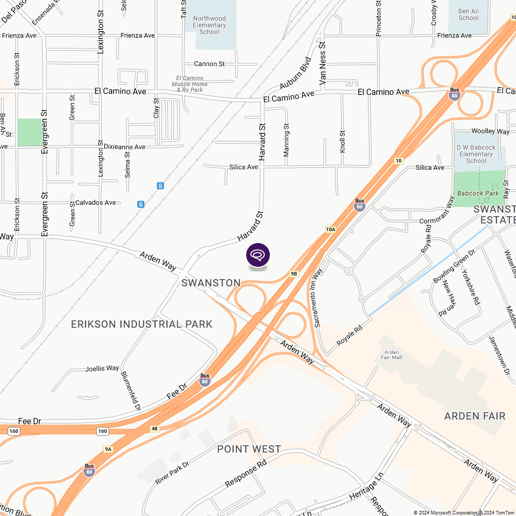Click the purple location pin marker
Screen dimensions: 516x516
(x=258, y=255)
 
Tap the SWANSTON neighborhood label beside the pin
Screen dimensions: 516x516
(x=211, y=283)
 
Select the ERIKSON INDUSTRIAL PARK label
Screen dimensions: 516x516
(x=141, y=324)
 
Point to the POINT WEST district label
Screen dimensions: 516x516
(x=249, y=449)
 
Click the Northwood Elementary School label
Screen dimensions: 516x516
(x=209, y=25)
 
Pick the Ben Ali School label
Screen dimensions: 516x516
(x=468, y=14)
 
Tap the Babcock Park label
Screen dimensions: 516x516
(x=478, y=193)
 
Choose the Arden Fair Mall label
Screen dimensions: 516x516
(x=391, y=354)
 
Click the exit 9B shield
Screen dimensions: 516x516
(x=294, y=274)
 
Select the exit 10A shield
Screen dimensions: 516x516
(x=331, y=229)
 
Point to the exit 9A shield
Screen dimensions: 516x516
(x=108, y=449)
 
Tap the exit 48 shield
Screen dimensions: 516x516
(x=155, y=429)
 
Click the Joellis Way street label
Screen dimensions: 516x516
(x=102, y=368)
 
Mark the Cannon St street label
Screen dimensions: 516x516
(x=209, y=64)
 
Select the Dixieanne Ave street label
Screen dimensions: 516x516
(x=124, y=147)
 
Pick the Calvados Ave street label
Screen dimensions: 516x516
(x=95, y=203)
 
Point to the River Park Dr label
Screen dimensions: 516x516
(x=172, y=473)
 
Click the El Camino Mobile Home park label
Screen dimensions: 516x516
(x=189, y=84)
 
